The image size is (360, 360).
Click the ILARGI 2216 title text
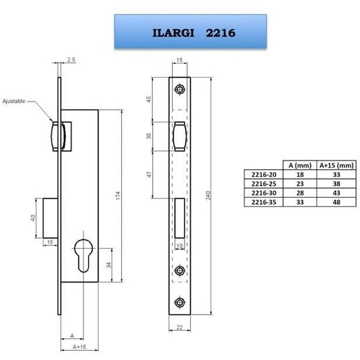(x=194, y=33)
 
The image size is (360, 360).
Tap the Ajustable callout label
(x=14, y=101)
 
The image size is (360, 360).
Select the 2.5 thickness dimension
(x=71, y=60)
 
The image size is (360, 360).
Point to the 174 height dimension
(x=118, y=195)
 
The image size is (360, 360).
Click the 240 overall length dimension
(x=208, y=195)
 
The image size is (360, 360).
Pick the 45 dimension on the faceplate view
(x=149, y=99)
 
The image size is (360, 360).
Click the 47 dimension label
(x=149, y=174)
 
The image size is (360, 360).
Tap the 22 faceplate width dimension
(x=180, y=327)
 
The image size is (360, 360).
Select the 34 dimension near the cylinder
(x=109, y=265)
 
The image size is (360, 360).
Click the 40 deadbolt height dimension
(x=33, y=218)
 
